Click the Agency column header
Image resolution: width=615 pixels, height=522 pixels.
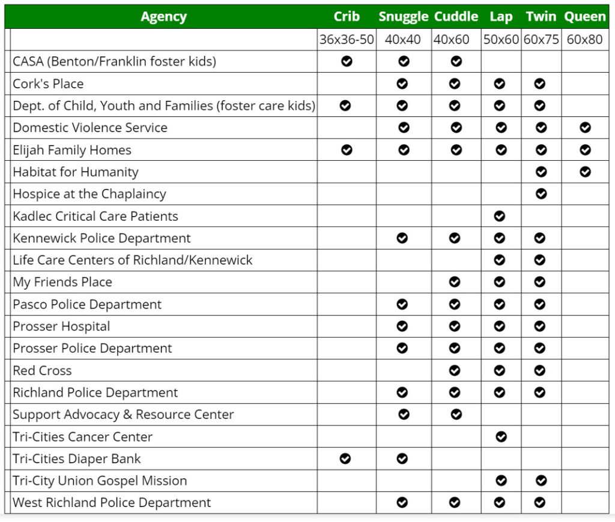pos(163,17)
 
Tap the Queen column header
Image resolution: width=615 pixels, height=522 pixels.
pos(585,17)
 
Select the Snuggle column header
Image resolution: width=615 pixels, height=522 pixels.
pos(404,17)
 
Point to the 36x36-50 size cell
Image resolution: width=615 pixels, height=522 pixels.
pos(347,40)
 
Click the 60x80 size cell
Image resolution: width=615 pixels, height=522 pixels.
pos(584,40)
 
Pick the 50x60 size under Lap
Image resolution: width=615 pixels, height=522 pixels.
pos(500,40)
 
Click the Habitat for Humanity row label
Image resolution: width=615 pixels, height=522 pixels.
pos(76,172)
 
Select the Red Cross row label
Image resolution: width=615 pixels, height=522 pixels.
pos(42,371)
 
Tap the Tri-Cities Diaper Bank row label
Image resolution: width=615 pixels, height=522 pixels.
pos(77,459)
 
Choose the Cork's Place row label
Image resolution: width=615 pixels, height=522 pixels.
pos(48,84)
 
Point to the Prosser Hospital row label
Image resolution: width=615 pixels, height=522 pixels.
pos(61,326)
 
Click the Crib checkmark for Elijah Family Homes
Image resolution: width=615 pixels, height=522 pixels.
pos(347,150)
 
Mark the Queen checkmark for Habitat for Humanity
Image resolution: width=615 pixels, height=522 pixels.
pos(586,172)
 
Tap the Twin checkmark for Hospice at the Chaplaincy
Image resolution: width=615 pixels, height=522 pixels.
pos(541,194)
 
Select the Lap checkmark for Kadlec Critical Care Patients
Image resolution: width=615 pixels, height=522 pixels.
pos(500,216)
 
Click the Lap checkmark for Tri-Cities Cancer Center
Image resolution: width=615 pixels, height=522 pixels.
pos(501,437)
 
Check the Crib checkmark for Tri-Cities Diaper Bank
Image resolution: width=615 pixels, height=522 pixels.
pos(345,459)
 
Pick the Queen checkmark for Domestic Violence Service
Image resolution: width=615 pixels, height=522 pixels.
pos(586,128)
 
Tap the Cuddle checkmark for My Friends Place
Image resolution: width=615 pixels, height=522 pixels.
pos(455,282)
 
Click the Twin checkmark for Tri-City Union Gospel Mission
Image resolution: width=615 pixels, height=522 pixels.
pos(541,481)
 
